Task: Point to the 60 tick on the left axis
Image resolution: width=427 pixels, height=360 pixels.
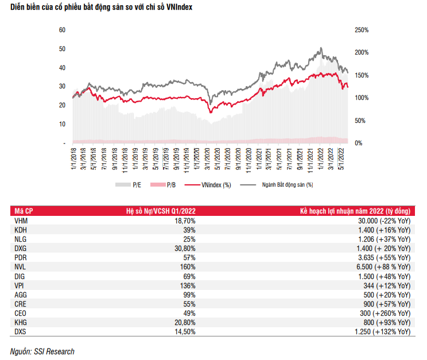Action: [62, 29]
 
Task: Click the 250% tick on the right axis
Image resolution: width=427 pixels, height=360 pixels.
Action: [361, 29]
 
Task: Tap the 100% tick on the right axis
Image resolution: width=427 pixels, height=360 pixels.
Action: [361, 98]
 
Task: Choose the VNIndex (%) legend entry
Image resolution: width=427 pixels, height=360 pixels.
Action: [215, 185]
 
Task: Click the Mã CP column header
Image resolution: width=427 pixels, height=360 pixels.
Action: [24, 211]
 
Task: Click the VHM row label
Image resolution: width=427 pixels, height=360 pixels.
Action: [21, 220]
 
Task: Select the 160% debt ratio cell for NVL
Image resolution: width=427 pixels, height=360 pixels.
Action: [189, 266]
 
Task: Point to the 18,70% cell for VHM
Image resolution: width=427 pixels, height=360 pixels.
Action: [185, 220]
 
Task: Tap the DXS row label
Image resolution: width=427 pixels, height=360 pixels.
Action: [20, 332]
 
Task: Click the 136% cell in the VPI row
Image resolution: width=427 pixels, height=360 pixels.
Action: [189, 285]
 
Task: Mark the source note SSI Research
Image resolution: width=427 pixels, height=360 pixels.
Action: [42, 351]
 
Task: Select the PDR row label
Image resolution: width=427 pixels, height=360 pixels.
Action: [20, 257]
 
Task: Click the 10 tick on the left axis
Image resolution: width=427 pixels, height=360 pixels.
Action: [62, 124]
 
